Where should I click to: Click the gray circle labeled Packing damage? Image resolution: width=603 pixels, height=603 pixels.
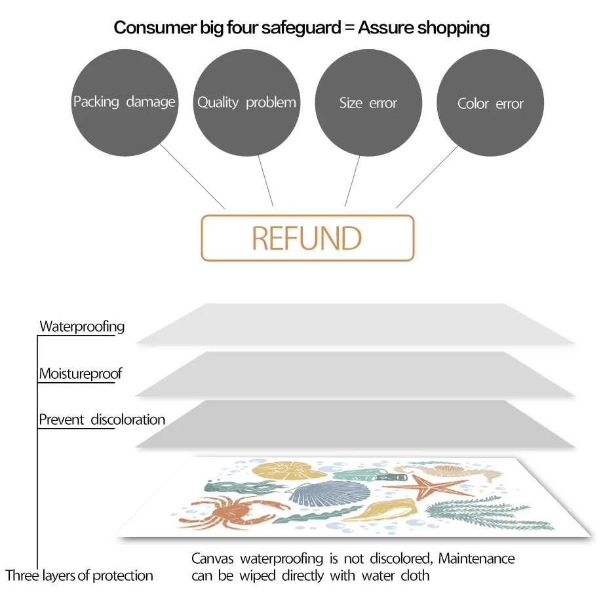(125, 102)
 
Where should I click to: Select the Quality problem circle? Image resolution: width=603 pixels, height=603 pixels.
(246, 102)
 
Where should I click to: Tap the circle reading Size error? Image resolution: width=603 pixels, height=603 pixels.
(368, 103)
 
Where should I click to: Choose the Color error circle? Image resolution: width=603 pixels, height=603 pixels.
(490, 104)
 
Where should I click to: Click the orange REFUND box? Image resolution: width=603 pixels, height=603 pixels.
(307, 238)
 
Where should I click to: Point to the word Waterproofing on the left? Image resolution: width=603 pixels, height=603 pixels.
(82, 326)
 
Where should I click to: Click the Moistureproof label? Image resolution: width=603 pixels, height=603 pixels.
(80, 374)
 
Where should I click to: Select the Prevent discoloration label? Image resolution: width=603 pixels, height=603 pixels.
(102, 419)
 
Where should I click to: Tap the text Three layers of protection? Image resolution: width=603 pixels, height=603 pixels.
(79, 576)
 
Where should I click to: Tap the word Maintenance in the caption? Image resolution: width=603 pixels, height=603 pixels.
(477, 559)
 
